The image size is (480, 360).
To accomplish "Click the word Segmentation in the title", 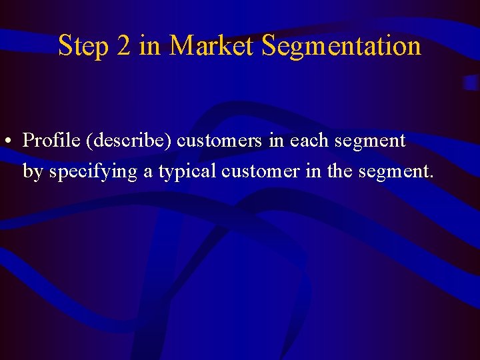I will pyautogui.click(x=341, y=47).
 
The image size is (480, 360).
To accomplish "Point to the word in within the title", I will pyautogui.click(x=150, y=46).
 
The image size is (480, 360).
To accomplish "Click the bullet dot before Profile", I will pyautogui.click(x=6, y=142).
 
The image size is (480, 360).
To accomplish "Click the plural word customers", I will pyautogui.click(x=219, y=141).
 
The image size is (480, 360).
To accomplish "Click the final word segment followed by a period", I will pyautogui.click(x=395, y=173).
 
